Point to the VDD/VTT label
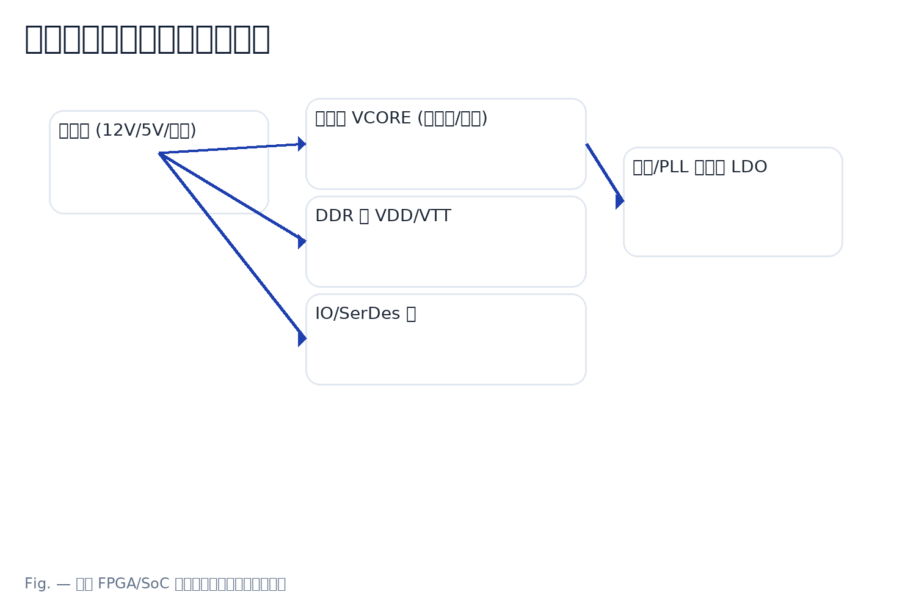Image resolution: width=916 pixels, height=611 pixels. [412, 216]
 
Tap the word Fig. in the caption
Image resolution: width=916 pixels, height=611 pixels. [37, 584]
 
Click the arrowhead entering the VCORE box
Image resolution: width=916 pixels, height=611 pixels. [302, 144]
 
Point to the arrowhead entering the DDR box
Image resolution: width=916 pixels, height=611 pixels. [302, 241]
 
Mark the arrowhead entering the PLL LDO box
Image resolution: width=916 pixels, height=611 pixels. [619, 200]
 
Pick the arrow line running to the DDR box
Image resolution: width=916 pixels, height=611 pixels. [232, 197]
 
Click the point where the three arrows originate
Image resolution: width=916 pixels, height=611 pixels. [159, 153]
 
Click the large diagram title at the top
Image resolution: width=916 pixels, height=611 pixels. [147, 38]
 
